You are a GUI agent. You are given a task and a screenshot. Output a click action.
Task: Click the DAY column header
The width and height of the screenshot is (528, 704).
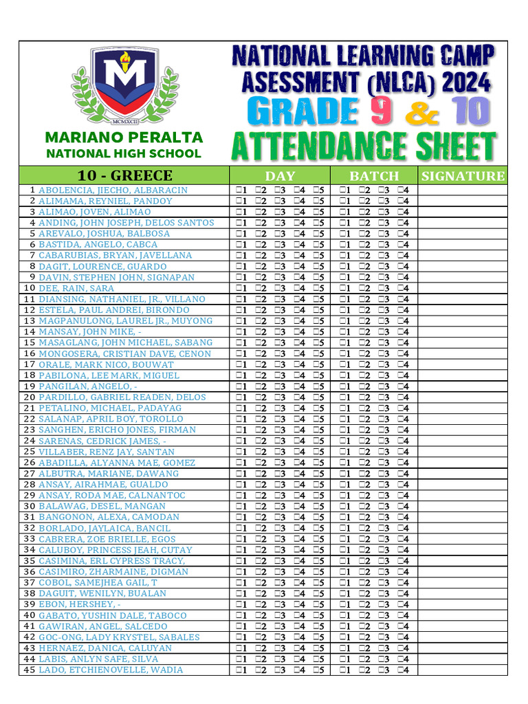(x=280, y=175)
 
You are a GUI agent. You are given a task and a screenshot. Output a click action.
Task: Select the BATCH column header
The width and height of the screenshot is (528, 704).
(x=374, y=175)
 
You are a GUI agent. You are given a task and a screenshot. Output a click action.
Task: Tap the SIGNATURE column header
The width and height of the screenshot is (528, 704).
(x=463, y=175)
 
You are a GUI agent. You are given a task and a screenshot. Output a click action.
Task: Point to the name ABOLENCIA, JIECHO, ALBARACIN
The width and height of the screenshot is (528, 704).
(x=113, y=190)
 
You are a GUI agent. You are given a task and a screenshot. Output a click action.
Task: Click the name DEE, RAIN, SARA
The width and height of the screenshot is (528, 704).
(x=76, y=288)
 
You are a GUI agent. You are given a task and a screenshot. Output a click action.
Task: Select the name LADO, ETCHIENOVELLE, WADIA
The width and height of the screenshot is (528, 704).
(x=111, y=670)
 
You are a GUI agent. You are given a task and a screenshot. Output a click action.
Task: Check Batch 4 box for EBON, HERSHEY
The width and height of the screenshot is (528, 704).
(x=401, y=604)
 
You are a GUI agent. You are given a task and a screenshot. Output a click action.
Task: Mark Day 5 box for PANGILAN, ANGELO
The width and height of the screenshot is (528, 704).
(x=316, y=386)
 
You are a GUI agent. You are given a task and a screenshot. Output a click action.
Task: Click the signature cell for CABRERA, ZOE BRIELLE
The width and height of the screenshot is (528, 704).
(x=463, y=539)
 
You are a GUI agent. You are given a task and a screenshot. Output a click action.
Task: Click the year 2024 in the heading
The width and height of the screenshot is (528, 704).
(x=467, y=83)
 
